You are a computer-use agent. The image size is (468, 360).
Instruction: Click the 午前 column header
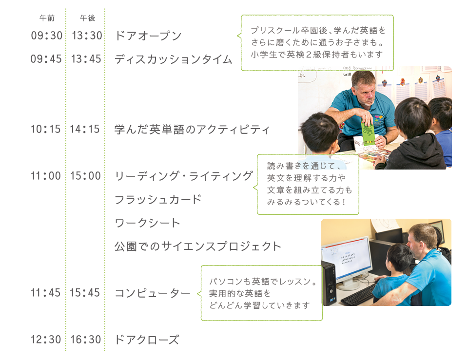[47, 18]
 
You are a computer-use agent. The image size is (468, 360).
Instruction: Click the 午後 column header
[87, 18]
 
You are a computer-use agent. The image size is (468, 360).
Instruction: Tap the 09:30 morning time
[47, 36]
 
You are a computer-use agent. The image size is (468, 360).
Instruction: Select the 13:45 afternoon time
[86, 59]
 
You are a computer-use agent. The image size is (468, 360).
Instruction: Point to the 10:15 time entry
[46, 129]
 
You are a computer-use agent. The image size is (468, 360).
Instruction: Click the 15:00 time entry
[85, 176]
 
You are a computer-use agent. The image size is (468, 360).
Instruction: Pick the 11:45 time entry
[46, 293]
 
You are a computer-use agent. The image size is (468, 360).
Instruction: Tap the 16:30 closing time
[86, 340]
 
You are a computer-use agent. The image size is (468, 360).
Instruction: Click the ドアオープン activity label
[148, 36]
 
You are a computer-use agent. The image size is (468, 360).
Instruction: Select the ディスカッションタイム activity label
[174, 59]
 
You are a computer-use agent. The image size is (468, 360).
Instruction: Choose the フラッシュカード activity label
[158, 200]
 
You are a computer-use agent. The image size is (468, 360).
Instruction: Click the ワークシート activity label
[147, 223]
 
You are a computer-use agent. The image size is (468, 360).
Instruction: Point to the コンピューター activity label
[153, 293]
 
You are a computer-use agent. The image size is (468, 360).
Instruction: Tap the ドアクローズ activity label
[147, 340]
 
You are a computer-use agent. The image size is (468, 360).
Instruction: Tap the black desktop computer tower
[329, 283]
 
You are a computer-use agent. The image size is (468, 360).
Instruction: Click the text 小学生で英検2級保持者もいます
[317, 55]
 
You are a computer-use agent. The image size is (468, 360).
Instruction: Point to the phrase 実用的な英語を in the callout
[240, 293]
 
